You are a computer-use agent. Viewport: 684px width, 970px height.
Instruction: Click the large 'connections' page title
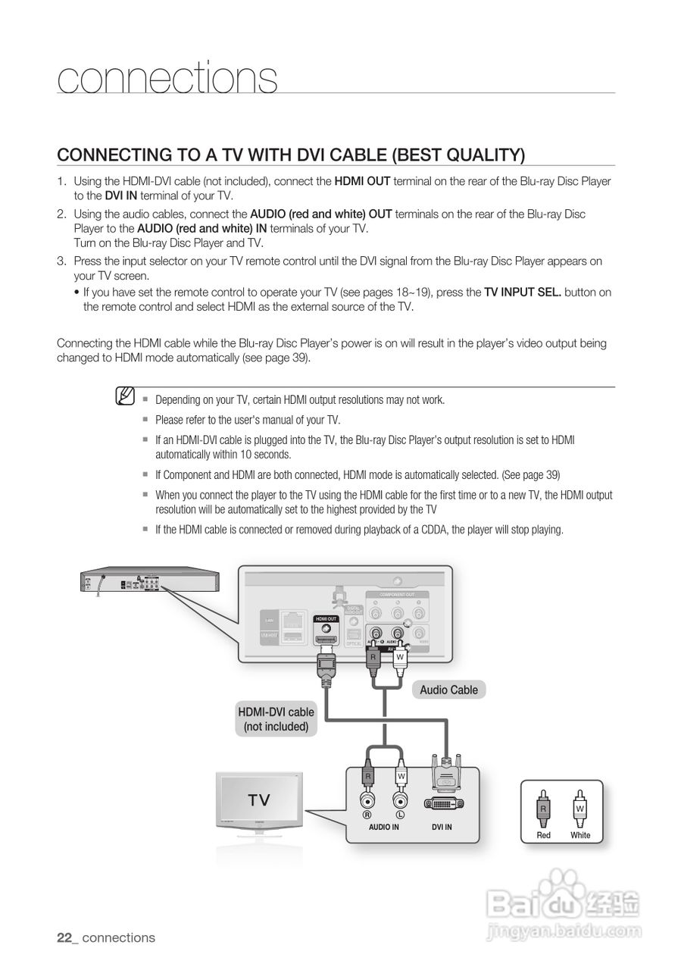(x=167, y=79)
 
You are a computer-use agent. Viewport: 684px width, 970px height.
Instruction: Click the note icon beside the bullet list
(x=126, y=396)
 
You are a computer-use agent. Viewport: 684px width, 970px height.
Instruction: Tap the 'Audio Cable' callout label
(x=448, y=690)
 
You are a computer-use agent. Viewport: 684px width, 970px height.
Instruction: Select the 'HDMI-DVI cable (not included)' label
(x=276, y=719)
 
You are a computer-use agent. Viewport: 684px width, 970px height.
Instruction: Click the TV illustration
(x=259, y=801)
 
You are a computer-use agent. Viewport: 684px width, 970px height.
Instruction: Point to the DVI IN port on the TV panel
(x=444, y=803)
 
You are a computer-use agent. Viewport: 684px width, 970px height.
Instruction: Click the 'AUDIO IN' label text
(x=383, y=827)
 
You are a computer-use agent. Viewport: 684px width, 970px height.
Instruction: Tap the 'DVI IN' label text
(x=442, y=827)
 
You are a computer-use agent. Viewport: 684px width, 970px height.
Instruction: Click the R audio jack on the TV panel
(x=367, y=800)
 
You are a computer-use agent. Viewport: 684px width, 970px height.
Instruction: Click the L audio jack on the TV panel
(x=400, y=800)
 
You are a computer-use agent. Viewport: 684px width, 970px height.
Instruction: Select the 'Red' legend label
(x=543, y=835)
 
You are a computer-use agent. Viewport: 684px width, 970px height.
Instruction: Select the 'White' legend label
(x=580, y=835)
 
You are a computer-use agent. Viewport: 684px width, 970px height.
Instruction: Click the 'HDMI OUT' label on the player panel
(x=326, y=618)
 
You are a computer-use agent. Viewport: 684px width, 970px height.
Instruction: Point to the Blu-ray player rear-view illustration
(x=149, y=581)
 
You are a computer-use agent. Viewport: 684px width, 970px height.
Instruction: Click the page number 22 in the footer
(x=64, y=937)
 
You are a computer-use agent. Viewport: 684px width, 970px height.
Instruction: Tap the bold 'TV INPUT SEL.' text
(x=523, y=292)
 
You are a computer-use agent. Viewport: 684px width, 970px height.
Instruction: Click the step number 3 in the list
(x=61, y=261)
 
